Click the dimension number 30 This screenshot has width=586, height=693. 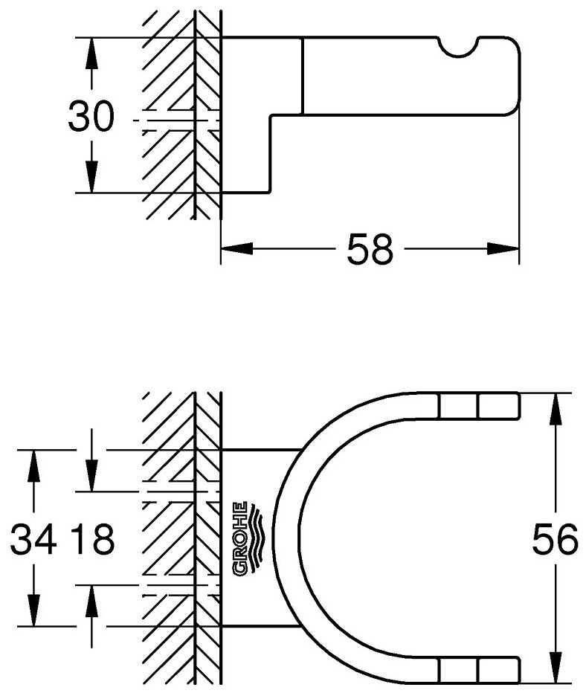(91, 117)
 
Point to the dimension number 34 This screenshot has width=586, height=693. (33, 541)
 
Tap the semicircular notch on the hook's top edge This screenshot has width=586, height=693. (460, 47)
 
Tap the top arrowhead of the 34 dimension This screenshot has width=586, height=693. (34, 461)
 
